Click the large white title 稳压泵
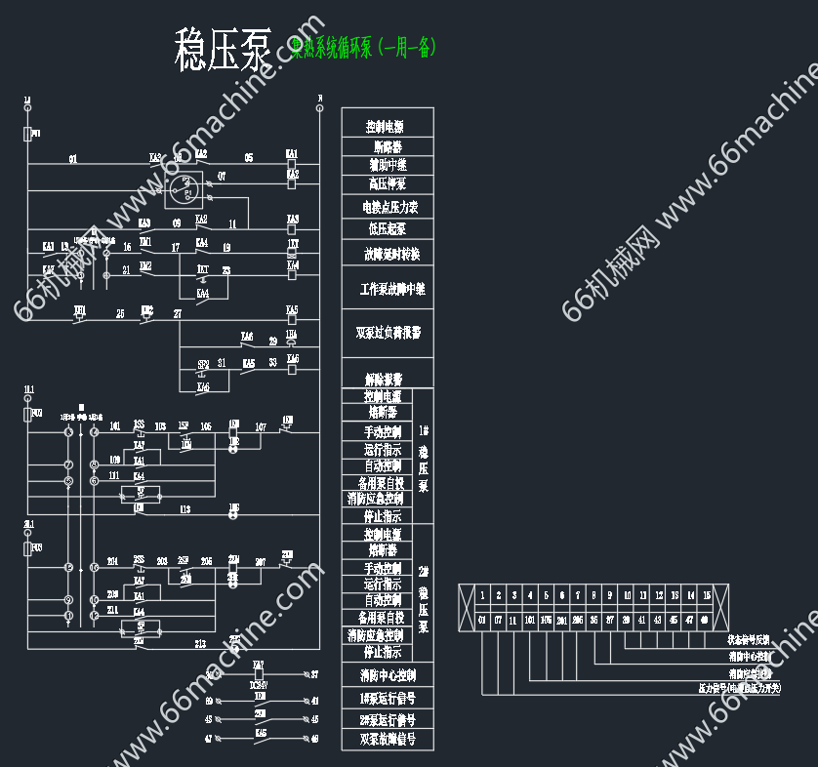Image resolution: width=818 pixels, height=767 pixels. click(x=224, y=50)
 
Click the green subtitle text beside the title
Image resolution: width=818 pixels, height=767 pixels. click(x=363, y=47)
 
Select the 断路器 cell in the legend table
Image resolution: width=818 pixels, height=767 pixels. click(x=388, y=146)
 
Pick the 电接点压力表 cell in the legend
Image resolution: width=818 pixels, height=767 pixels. click(x=388, y=207)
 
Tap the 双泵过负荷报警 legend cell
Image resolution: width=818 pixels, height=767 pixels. click(x=388, y=333)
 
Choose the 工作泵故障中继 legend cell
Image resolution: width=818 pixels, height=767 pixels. click(x=388, y=290)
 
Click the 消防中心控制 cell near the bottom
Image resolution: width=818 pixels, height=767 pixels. click(x=388, y=675)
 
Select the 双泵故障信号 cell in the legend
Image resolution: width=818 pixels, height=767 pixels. click(x=388, y=740)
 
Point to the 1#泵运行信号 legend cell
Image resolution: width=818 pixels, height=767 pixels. click(x=388, y=699)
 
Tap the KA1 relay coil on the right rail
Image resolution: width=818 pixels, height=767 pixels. click(x=292, y=164)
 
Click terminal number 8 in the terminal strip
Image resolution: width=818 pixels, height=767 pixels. click(x=593, y=595)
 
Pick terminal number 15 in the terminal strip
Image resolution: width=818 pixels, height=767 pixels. click(x=706, y=595)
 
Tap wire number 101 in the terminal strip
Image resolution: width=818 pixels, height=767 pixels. click(x=530, y=620)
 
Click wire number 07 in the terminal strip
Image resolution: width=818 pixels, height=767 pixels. click(x=498, y=620)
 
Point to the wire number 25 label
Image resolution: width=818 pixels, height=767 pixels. click(x=120, y=313)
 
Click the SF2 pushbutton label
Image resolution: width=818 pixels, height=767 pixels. click(x=203, y=364)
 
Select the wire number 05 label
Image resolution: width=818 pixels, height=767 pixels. click(x=249, y=157)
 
